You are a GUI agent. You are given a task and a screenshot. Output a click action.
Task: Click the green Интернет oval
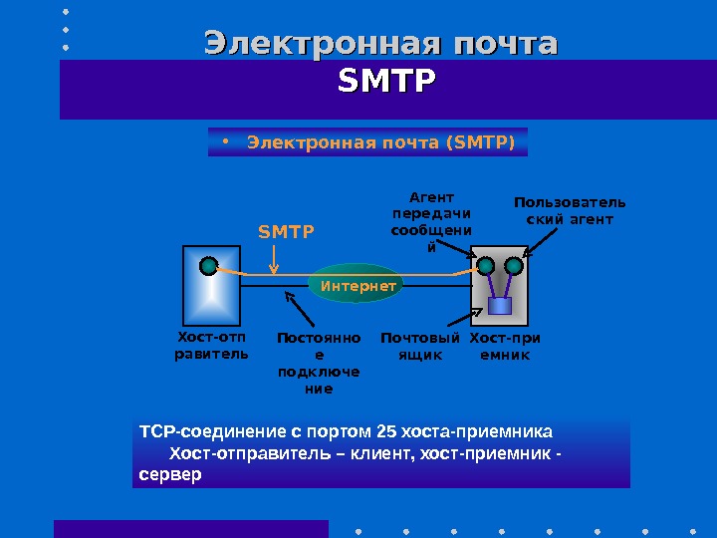click(x=358, y=286)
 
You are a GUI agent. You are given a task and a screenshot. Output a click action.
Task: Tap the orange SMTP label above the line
click(x=286, y=232)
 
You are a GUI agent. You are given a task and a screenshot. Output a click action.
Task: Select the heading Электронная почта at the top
click(x=380, y=44)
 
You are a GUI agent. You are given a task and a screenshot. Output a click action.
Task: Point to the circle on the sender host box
click(x=208, y=266)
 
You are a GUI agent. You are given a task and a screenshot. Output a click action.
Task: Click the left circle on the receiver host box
click(x=486, y=266)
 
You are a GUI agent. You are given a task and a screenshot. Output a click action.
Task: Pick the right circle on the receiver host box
click(x=514, y=266)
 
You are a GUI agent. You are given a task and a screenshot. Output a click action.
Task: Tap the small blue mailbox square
click(x=499, y=306)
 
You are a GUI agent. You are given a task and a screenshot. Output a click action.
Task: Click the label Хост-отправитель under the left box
click(x=211, y=345)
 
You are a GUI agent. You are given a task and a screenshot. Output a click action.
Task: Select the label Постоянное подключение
click(x=319, y=364)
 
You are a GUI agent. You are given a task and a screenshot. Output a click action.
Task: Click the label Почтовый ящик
click(x=420, y=346)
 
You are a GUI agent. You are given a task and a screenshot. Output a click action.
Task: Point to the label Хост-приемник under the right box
click(x=505, y=346)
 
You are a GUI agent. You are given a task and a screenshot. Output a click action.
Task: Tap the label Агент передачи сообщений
click(x=432, y=222)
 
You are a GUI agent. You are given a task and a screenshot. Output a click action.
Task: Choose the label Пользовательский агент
click(x=570, y=211)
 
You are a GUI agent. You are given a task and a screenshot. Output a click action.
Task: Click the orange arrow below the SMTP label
click(x=275, y=259)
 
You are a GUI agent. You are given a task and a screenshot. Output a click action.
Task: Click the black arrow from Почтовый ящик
click(x=457, y=319)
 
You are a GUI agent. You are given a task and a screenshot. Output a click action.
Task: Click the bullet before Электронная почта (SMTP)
click(x=228, y=140)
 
